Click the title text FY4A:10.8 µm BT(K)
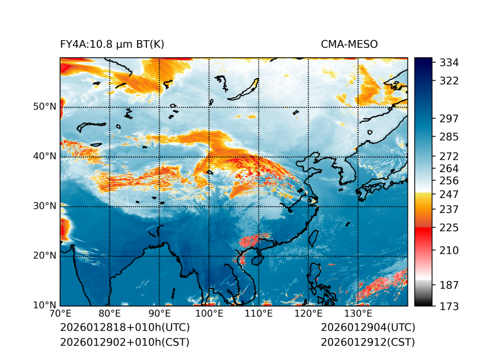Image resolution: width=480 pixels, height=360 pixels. pos(112,45)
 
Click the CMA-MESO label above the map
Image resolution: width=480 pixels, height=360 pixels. pos(349,45)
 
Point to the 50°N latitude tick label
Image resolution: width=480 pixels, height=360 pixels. pos(44,107)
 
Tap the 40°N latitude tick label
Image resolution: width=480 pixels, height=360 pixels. pos(44,156)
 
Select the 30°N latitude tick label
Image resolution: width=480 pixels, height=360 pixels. pos(44,206)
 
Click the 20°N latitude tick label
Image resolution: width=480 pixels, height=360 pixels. pos(44,256)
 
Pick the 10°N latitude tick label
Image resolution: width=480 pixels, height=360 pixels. pos(44,305)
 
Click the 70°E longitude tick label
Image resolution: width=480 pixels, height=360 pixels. pos(60,314)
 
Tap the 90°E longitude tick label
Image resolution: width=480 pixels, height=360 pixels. pos(160,314)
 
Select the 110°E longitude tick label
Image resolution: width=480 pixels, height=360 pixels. pos(259,314)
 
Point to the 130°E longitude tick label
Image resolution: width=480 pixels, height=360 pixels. pos(358,314)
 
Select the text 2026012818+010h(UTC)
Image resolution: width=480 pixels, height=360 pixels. pos(124,328)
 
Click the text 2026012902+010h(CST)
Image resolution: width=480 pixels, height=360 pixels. pos(124,342)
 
